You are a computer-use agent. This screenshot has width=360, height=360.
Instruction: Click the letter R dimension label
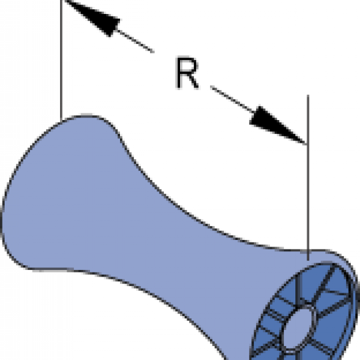pos(187,73)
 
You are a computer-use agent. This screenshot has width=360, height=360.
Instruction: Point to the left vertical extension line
pos(61,60)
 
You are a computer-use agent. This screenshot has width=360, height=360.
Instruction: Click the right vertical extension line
pos(308,177)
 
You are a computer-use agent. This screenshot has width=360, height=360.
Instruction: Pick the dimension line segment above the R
pos(135,41)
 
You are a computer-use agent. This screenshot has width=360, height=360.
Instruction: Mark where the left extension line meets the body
pos(61,121)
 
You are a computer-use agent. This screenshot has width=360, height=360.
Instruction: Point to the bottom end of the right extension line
pos(308,261)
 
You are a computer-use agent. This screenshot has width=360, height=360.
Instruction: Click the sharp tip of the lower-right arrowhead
pos(306,144)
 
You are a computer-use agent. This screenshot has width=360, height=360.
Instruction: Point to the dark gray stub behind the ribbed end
pos(358,295)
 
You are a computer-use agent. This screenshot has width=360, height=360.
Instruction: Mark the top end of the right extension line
pos(308,95)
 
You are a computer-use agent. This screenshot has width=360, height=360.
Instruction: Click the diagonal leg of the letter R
pos(193,81)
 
